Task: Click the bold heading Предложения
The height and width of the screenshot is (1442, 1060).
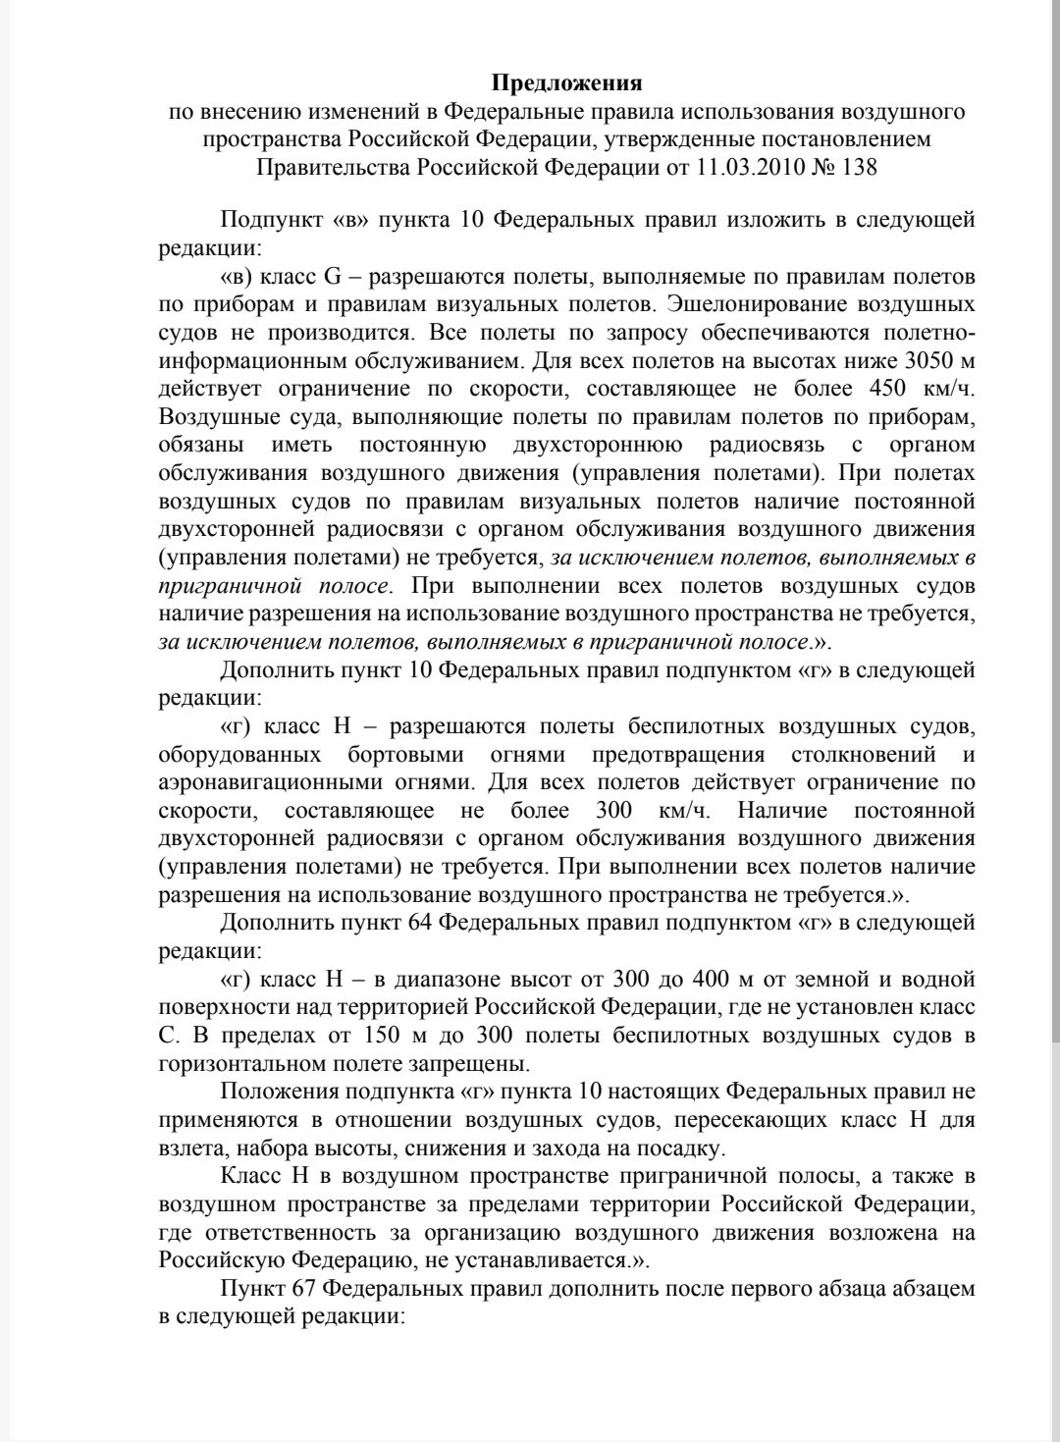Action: point(567,82)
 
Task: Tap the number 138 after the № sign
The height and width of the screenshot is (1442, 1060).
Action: point(859,168)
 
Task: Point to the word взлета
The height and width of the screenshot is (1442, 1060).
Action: point(186,1148)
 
